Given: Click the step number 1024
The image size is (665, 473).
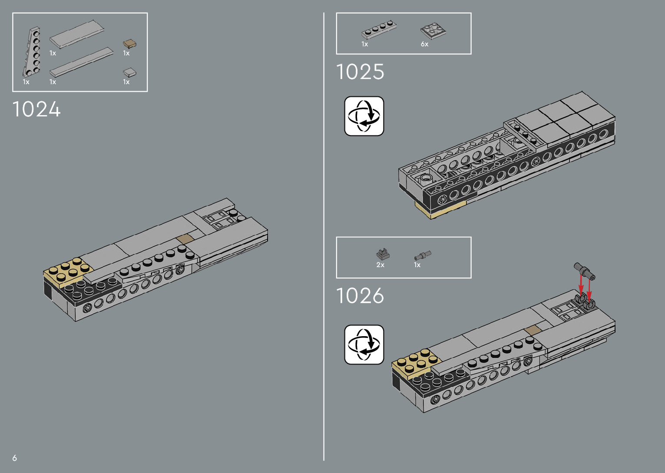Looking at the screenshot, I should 36,109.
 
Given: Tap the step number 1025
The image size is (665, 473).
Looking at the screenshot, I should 360,72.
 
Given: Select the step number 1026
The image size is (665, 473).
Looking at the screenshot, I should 360,296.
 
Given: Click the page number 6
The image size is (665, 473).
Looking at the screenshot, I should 15,458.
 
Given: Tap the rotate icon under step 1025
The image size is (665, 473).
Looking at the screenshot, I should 364,116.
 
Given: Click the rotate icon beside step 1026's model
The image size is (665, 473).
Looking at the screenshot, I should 364,344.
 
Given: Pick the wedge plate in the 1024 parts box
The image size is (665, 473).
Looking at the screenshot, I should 32,53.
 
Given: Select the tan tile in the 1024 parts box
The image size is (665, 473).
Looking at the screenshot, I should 129,43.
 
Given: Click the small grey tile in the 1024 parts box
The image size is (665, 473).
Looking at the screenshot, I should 129,72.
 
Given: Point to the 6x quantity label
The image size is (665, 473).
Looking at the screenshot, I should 424,44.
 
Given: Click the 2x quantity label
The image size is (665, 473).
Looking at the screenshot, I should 380,265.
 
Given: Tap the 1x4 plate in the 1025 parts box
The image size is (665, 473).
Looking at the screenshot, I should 379,30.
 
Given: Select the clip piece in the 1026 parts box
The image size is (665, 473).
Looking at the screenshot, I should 383,254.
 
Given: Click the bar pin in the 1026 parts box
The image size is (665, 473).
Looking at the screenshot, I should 422,255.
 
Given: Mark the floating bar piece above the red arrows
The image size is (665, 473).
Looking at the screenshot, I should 585,271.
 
